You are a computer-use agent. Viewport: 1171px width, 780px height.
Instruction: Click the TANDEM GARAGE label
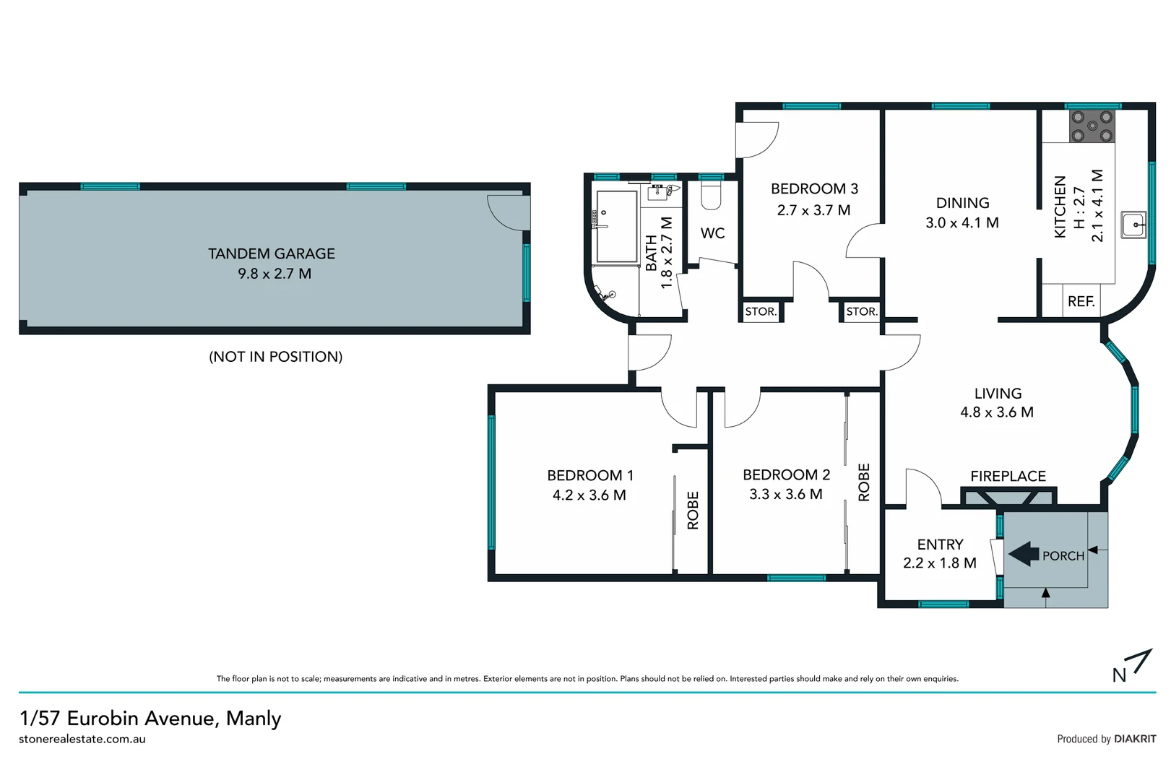pyautogui.click(x=272, y=253)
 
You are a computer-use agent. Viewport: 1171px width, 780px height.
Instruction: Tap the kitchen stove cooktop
pyautogui.click(x=1092, y=126)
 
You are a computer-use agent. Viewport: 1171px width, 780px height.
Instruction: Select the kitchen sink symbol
pyautogui.click(x=1133, y=225)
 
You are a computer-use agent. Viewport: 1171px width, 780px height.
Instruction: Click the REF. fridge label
pyautogui.click(x=1081, y=301)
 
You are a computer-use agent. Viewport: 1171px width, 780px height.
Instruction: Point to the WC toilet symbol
pyautogui.click(x=711, y=196)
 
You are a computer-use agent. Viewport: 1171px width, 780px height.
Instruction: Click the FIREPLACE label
pyautogui.click(x=1008, y=476)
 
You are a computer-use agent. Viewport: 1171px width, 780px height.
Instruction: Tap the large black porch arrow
pyautogui.click(x=1024, y=555)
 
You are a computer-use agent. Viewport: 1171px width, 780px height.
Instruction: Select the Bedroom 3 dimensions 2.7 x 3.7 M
pyautogui.click(x=813, y=210)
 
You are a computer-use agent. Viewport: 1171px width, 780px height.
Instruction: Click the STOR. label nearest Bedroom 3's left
pyautogui.click(x=761, y=311)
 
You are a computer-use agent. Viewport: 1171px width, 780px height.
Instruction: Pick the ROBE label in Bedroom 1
pyautogui.click(x=693, y=511)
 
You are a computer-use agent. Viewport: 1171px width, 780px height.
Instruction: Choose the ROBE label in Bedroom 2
pyautogui.click(x=864, y=482)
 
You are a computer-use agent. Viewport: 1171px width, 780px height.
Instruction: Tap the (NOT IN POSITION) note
pyautogui.click(x=275, y=357)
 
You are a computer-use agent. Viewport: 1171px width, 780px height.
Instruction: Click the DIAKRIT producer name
pyautogui.click(x=1135, y=739)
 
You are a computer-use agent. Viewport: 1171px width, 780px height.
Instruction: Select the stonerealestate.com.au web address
pyautogui.click(x=82, y=739)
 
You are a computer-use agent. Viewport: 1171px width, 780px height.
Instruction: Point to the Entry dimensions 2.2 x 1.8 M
pyautogui.click(x=939, y=563)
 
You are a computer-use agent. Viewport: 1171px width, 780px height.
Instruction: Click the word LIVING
pyautogui.click(x=998, y=394)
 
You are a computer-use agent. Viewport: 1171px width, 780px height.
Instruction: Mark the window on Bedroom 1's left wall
pyautogui.click(x=492, y=482)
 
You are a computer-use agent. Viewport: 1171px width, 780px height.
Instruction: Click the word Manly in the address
pyautogui.click(x=254, y=719)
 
